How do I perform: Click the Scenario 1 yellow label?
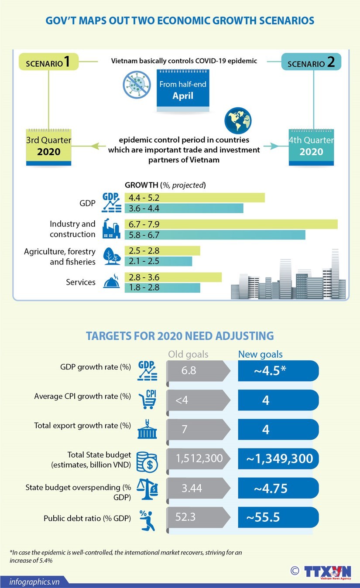pos(48,62)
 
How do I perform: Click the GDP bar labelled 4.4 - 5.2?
pos(195,198)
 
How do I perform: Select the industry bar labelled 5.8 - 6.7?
pos(215,235)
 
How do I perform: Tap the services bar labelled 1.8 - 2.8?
pos(162,287)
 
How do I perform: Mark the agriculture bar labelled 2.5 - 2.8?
pos(162,251)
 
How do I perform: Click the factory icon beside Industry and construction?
pos(111,229)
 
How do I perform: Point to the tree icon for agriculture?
pos(110,256)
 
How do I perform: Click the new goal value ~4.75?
pos(278,489)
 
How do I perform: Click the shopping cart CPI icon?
pos(147,399)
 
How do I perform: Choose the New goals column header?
pos(260,354)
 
